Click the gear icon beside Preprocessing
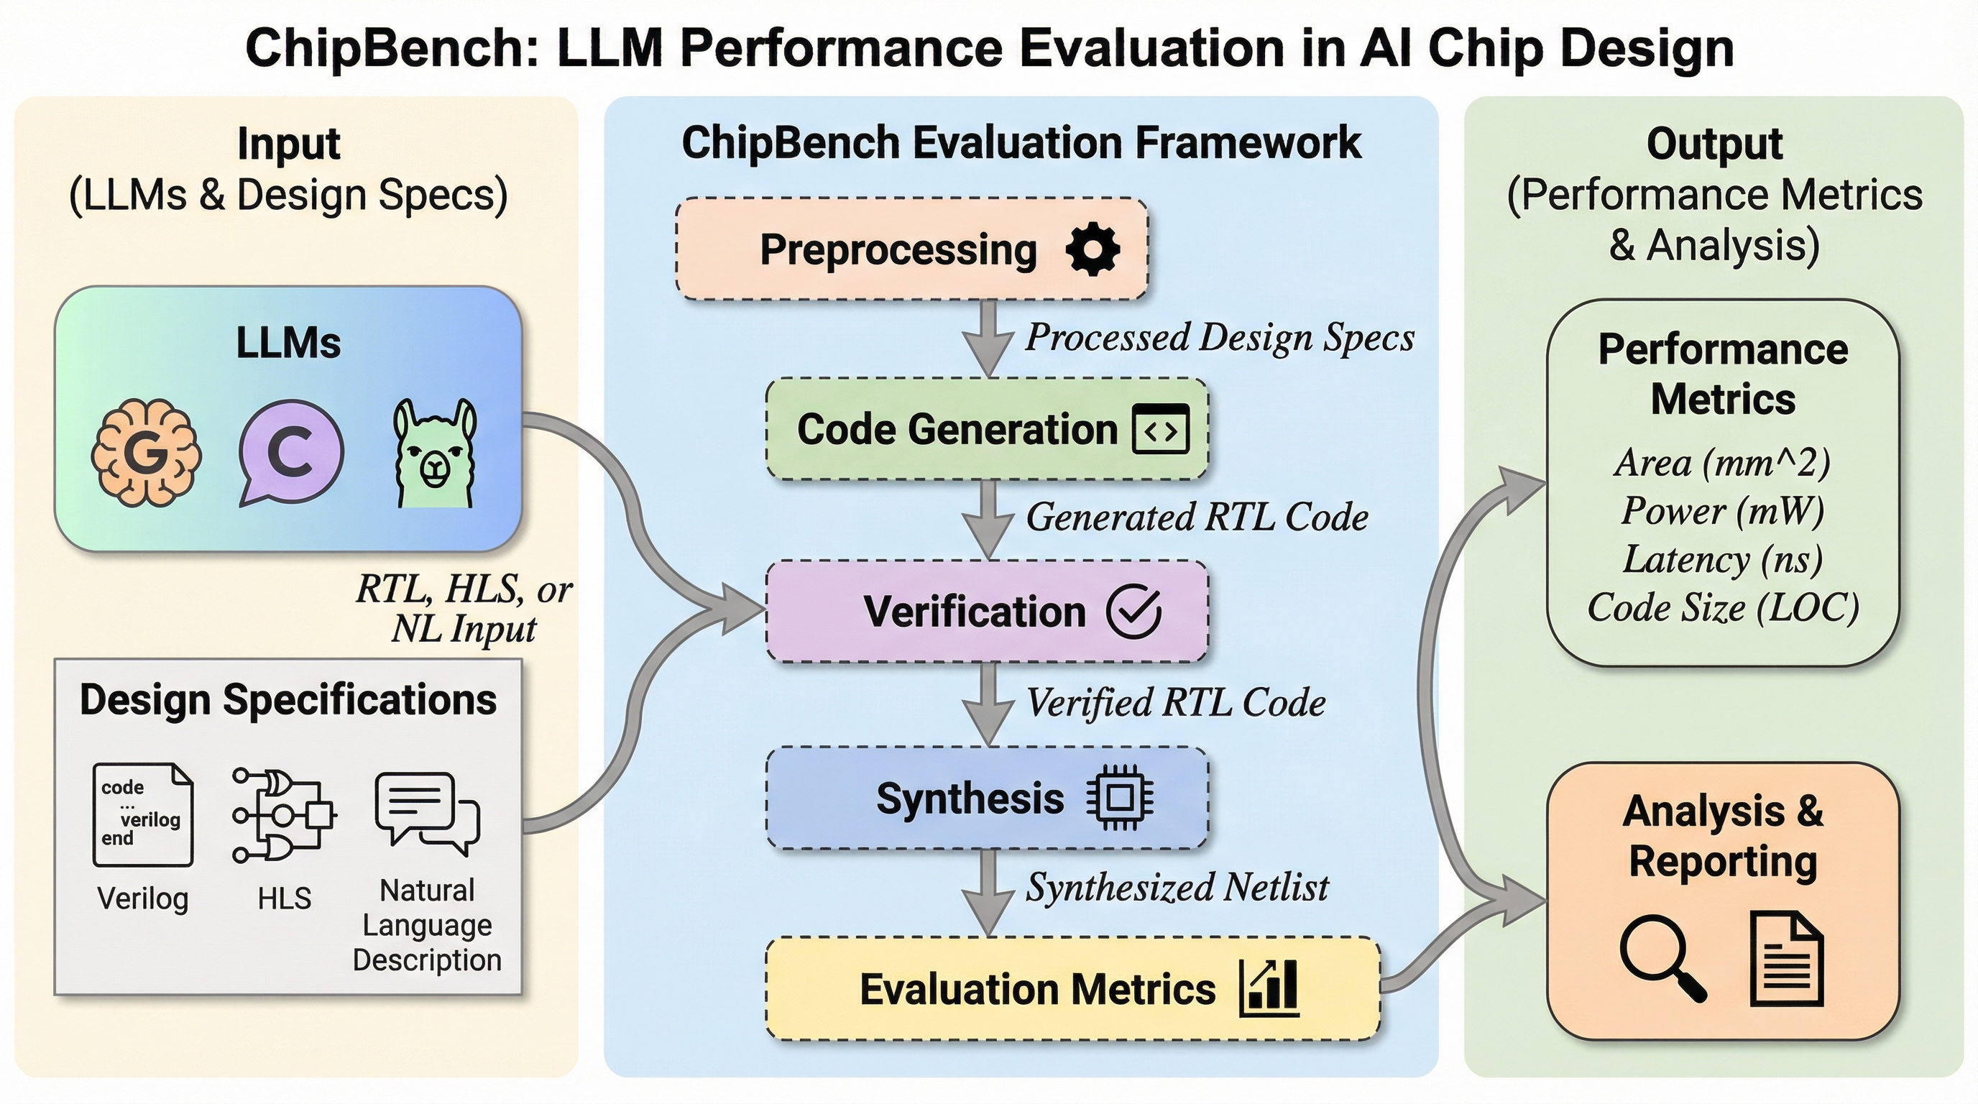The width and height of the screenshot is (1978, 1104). [1092, 249]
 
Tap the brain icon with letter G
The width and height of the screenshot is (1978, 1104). [146, 452]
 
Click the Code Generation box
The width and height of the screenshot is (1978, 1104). [986, 429]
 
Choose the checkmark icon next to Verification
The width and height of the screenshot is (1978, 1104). [1133, 611]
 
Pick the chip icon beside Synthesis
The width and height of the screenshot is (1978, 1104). [1120, 799]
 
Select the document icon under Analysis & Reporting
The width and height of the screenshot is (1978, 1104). [1786, 959]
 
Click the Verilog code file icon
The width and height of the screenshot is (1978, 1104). [143, 814]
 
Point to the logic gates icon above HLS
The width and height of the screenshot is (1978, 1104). [283, 814]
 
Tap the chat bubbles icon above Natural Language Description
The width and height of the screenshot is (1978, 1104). [427, 813]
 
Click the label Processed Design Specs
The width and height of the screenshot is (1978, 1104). [1219, 337]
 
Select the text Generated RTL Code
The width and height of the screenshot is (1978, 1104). [1196, 517]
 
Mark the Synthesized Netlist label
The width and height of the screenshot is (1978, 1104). [1177, 888]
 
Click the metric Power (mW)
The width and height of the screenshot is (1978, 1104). [1722, 511]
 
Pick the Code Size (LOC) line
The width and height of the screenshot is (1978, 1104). [1722, 608]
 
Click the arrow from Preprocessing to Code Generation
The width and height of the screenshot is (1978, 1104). [989, 338]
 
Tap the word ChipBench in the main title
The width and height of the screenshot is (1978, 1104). [392, 47]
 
